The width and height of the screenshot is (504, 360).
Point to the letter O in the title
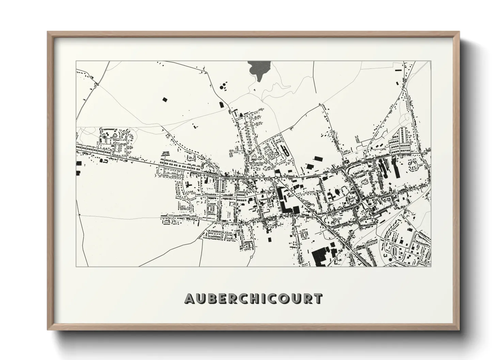(x=281, y=299)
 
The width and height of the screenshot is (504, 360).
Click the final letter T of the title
(x=317, y=299)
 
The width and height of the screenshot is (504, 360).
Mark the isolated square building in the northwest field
(x=165, y=99)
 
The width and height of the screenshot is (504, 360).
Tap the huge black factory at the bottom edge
(x=319, y=257)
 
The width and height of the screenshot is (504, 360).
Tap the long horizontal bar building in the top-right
(x=398, y=70)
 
